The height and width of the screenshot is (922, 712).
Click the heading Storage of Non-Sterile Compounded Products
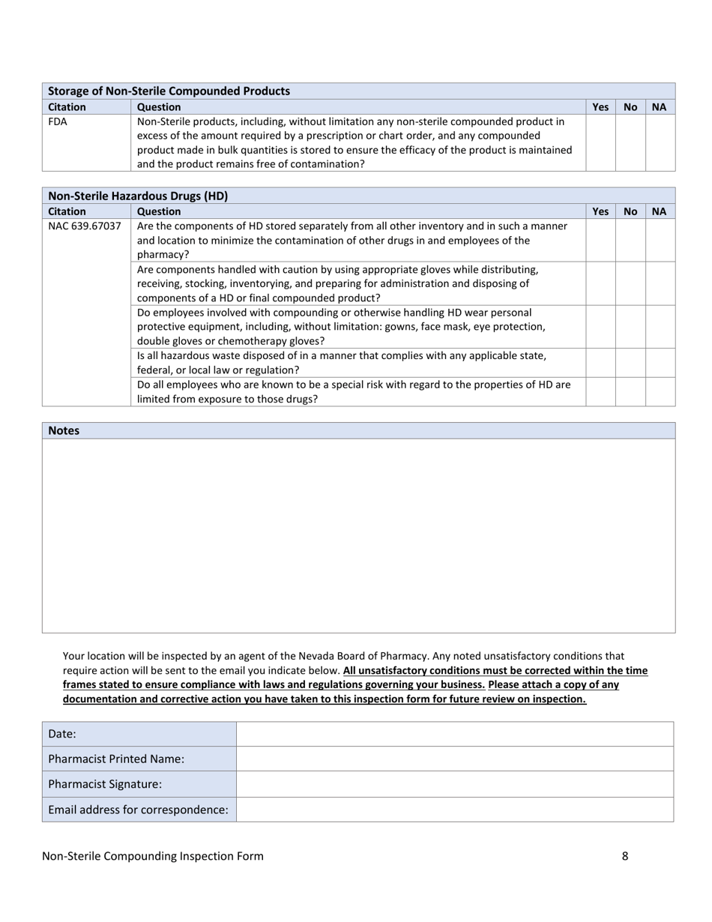click(x=169, y=91)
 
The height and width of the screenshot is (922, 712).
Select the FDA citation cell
click(x=58, y=121)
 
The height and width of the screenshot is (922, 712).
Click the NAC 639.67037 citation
click(x=85, y=226)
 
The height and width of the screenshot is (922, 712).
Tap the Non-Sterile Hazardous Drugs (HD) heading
click(x=138, y=196)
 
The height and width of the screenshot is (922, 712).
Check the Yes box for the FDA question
click(x=600, y=142)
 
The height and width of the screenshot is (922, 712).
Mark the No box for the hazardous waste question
click(x=630, y=363)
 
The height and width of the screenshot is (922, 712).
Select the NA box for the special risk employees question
click(x=660, y=391)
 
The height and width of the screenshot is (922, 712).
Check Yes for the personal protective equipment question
click(x=600, y=327)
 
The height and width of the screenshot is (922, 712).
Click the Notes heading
click(x=64, y=430)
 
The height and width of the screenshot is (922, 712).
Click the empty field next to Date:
click(x=454, y=734)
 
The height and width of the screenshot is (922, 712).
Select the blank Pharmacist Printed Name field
click(x=454, y=759)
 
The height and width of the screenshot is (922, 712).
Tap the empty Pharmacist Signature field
click(x=454, y=784)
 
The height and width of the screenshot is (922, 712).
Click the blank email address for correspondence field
click(x=454, y=810)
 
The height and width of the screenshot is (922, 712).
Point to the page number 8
click(x=625, y=856)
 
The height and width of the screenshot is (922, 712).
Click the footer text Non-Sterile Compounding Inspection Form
click(x=153, y=856)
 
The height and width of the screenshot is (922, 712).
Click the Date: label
click(x=62, y=734)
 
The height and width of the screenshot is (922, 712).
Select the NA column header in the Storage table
click(x=659, y=107)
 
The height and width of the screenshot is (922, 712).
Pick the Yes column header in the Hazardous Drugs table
click(x=600, y=211)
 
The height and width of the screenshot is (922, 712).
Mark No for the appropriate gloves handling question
click(x=630, y=283)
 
